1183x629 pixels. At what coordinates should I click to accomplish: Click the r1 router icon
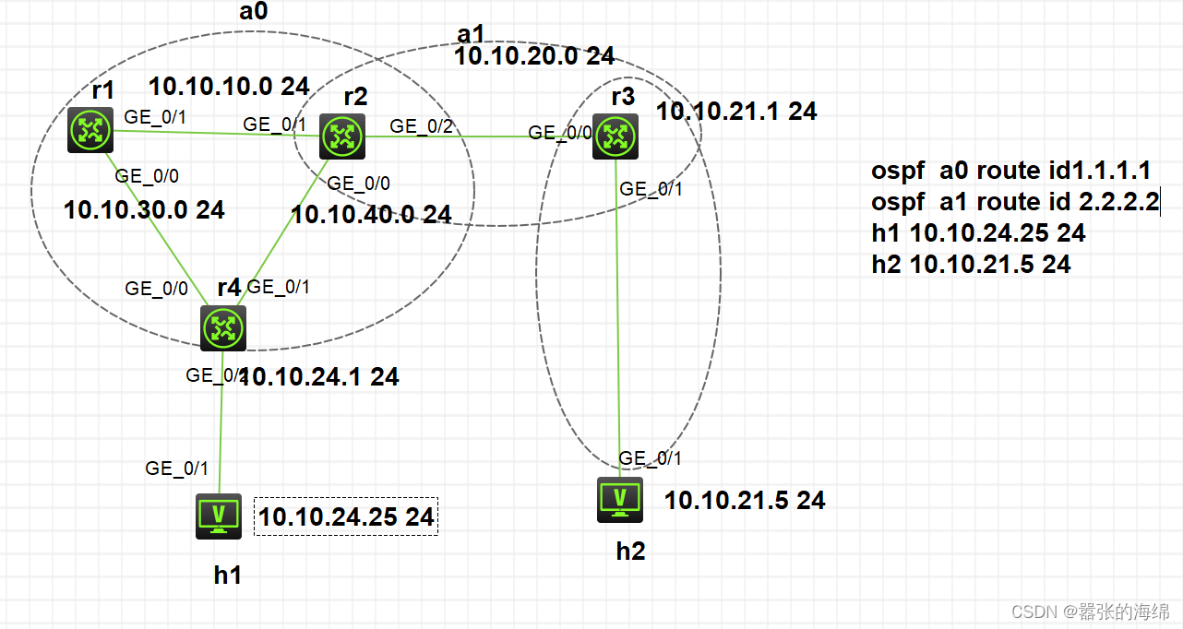90,130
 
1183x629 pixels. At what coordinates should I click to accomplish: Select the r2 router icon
342,136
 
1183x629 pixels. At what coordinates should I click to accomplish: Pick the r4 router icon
223,327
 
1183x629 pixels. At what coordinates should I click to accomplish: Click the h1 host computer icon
219,516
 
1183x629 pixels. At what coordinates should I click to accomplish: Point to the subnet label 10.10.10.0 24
229,87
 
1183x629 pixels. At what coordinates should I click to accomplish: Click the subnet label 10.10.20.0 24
534,56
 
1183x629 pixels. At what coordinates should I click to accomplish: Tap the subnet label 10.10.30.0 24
144,210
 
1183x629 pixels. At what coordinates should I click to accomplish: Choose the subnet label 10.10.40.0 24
371,215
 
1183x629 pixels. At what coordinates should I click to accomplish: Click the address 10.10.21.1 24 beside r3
736,112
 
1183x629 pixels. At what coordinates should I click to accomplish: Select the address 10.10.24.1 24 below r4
320,376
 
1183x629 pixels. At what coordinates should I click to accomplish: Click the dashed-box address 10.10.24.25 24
346,517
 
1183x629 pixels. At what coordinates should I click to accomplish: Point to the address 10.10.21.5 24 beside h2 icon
745,501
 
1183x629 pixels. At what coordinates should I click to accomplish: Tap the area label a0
247,12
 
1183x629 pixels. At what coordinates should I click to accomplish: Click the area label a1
471,34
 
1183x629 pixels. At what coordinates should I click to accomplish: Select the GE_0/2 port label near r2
422,125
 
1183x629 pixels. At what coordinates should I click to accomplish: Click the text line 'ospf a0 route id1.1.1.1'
1010,172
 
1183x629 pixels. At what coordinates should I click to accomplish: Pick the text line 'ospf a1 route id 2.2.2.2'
1014,203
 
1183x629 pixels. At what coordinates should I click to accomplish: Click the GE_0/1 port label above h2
651,458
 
